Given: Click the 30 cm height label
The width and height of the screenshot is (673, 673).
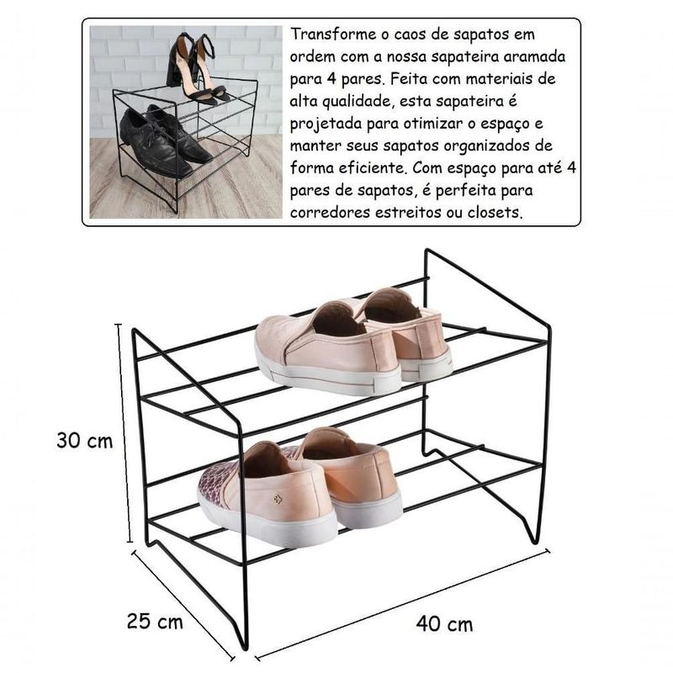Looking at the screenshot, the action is pyautogui.click(x=85, y=441).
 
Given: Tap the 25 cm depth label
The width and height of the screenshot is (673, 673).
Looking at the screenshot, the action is pyautogui.click(x=155, y=622).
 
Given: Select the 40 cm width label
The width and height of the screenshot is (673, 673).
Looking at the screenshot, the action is pyautogui.click(x=444, y=624).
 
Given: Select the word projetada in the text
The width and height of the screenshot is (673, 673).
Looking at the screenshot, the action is pyautogui.click(x=326, y=124).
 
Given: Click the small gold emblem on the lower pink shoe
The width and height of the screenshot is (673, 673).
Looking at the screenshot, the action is pyautogui.click(x=278, y=499).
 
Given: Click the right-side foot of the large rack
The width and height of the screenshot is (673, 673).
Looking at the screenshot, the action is pyautogui.click(x=534, y=538).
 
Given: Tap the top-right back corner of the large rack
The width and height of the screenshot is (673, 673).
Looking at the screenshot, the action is pyautogui.click(x=427, y=251).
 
